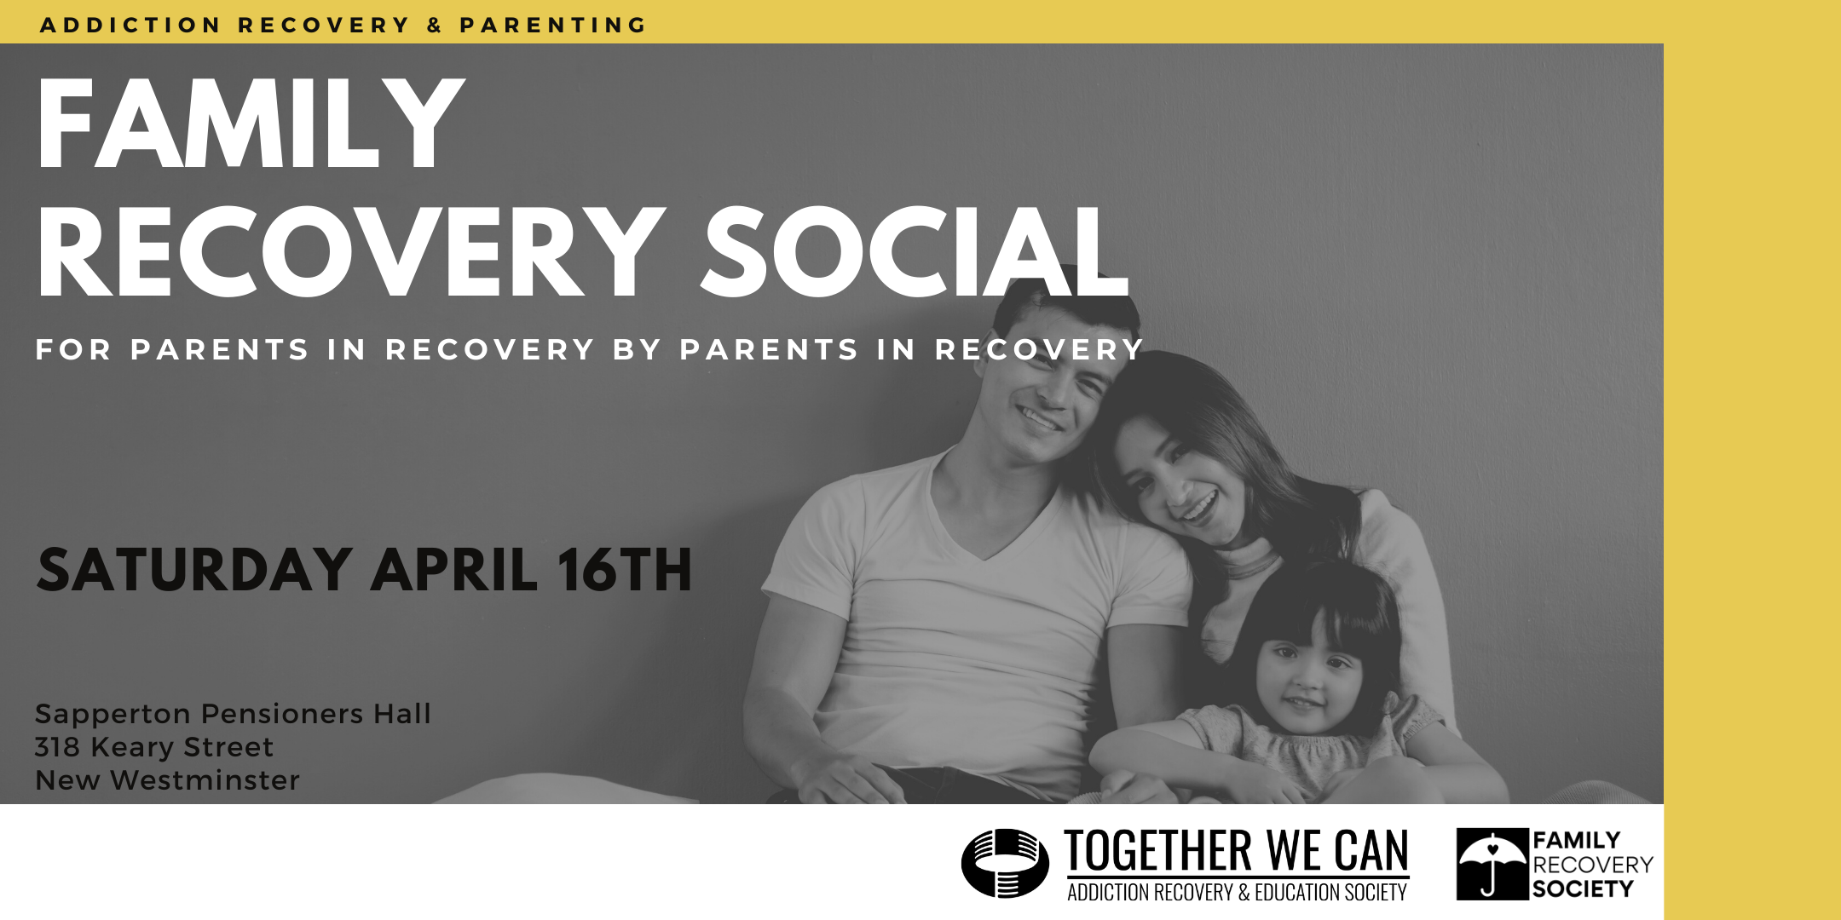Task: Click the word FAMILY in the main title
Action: click(251, 124)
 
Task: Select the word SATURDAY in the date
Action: click(194, 570)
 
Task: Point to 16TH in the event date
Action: click(624, 570)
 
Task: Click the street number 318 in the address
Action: click(57, 747)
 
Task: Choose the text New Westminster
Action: click(167, 780)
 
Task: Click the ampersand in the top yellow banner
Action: click(435, 26)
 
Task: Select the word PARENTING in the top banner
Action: click(553, 26)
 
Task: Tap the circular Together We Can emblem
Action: click(1005, 863)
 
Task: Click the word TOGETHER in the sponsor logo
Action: click(1158, 851)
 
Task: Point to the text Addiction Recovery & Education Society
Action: click(1238, 892)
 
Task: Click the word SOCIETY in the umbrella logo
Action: click(1583, 889)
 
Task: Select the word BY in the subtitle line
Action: click(637, 349)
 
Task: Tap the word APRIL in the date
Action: click(454, 570)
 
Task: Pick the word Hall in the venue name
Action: click(402, 713)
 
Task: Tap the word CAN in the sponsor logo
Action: click(1371, 851)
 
